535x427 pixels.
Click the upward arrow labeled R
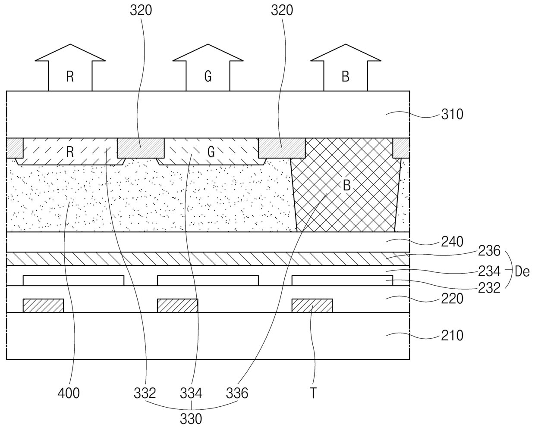point(70,68)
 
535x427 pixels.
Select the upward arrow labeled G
point(208,68)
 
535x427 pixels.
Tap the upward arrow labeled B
point(346,68)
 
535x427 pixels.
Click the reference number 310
point(452,115)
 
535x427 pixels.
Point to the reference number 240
point(452,242)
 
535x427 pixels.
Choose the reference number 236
point(489,251)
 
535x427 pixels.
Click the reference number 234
point(489,271)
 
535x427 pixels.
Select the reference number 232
point(489,288)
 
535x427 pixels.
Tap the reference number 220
point(452,299)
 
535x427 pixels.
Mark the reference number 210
point(452,335)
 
